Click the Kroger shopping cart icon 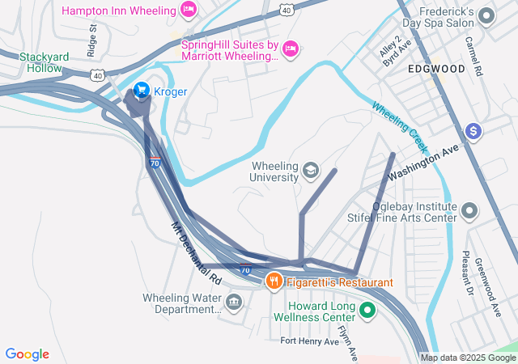point(141,91)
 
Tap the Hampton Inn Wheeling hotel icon point(189,11)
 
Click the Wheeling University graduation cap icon point(310,170)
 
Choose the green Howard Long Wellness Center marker point(367,309)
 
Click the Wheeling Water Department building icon point(234,303)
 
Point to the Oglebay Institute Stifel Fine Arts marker point(469,212)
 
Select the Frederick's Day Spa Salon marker point(486,15)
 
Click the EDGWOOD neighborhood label point(436,69)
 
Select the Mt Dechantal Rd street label point(196,252)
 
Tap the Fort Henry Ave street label point(310,341)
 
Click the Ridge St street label point(92,36)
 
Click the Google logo point(28,354)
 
